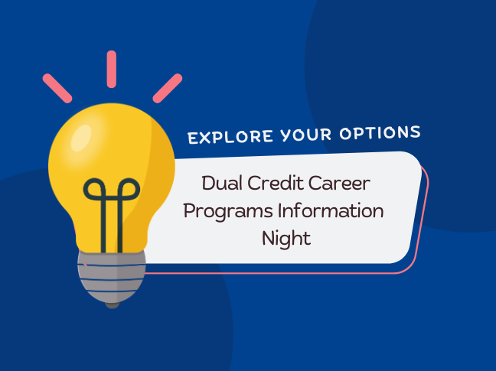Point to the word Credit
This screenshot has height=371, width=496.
coord(279,184)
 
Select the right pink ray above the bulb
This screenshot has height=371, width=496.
coord(167,87)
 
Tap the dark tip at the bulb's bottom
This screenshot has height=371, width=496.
coord(113,304)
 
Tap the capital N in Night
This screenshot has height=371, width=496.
coord(268,237)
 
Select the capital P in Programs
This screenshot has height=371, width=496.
coord(190,210)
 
